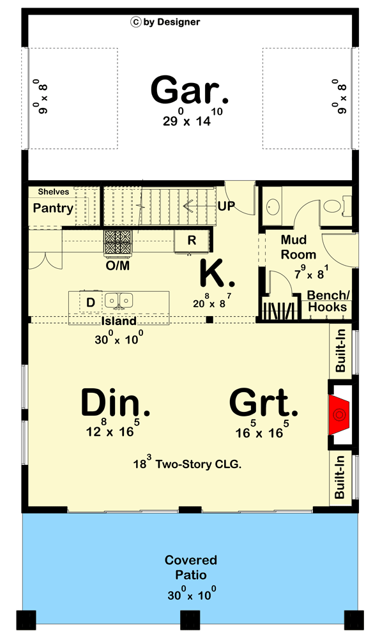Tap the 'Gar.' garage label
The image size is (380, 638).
click(189, 91)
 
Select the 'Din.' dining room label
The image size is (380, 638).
click(116, 404)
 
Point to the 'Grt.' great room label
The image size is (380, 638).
click(264, 404)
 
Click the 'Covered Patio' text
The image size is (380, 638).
click(191, 567)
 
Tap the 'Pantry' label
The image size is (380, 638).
click(53, 208)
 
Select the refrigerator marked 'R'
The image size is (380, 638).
click(191, 241)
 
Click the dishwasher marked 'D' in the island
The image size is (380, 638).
click(90, 301)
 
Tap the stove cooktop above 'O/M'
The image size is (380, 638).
click(118, 242)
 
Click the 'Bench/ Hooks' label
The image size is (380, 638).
click(327, 301)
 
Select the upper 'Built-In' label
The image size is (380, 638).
click(341, 350)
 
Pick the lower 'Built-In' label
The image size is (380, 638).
click(341, 476)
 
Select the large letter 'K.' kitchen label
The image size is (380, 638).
click(217, 273)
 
